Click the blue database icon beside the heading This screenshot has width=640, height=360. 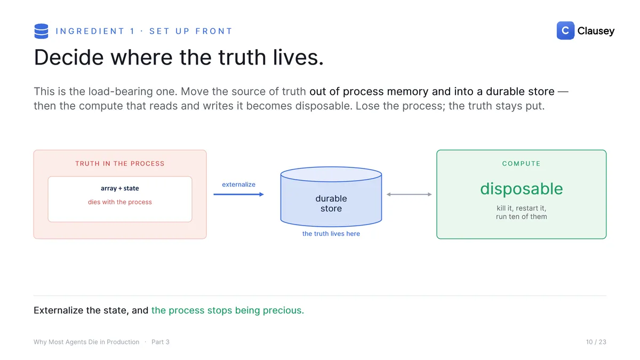tap(41, 31)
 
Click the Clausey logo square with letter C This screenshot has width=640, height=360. tap(565, 30)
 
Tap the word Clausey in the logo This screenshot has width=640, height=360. tap(596, 31)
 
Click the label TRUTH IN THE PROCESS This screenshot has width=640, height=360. tap(120, 163)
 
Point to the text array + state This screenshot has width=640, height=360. tap(120, 188)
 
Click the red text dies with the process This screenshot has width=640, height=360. tap(120, 202)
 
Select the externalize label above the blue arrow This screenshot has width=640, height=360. tap(238, 185)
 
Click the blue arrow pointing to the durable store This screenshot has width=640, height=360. tap(238, 194)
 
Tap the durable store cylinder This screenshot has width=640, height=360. tap(331, 197)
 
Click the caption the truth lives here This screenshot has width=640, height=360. tap(331, 234)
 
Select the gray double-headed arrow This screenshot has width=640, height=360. tap(409, 194)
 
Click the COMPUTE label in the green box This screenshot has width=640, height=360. tap(522, 163)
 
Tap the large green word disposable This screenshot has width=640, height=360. tap(522, 189)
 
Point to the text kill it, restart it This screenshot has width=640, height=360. tap(522, 208)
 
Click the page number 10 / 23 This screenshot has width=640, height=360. tap(596, 342)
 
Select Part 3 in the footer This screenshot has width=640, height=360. tap(161, 342)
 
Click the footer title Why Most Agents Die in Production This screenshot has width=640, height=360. tap(86, 342)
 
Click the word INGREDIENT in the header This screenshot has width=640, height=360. tap(90, 31)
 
